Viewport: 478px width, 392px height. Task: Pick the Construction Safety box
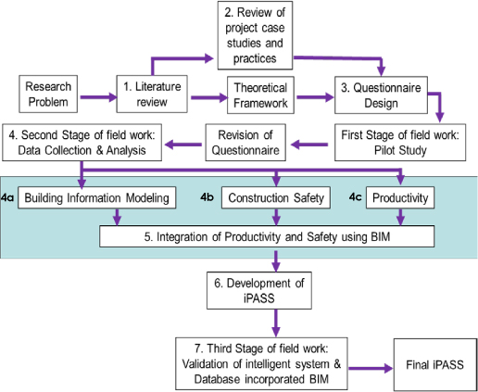pyautogui.click(x=274, y=198)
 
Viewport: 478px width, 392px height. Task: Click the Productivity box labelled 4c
pyautogui.click(x=400, y=198)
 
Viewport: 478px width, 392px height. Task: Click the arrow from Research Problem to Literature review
pyautogui.click(x=95, y=94)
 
